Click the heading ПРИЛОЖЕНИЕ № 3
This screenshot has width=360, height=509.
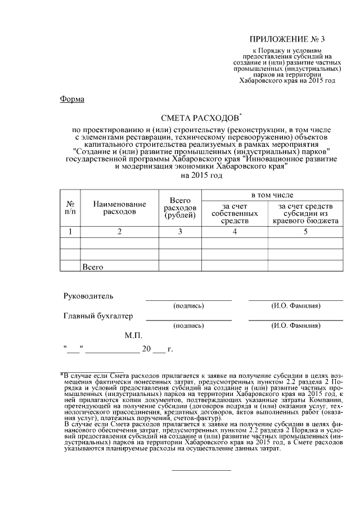287,39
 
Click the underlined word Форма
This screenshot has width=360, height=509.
72,100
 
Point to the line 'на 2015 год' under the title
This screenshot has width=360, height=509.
201,175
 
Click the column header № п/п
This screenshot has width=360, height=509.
71,208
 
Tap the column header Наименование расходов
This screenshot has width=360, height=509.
119,208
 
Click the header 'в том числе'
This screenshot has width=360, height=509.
272,195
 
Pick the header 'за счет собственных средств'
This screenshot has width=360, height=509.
236,213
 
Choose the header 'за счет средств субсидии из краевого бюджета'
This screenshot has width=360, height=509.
305,213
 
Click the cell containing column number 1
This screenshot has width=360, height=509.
71,231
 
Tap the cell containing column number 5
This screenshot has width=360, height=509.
305,231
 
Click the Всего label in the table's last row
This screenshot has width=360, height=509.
92,267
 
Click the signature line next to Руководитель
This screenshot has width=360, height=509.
188,299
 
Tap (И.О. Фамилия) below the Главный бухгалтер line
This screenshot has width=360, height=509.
296,326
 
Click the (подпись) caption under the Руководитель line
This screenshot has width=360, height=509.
188,306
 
